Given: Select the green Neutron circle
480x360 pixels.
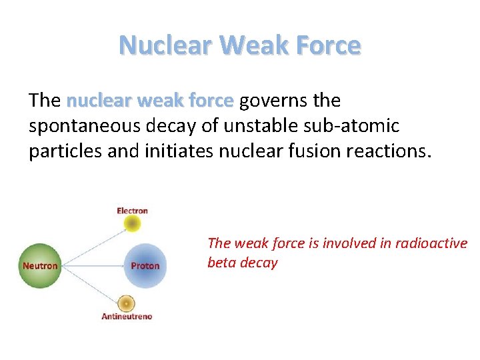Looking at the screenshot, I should tap(40, 265).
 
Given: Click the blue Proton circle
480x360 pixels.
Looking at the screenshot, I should tap(144, 265).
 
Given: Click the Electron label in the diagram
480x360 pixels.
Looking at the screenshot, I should tap(132, 211).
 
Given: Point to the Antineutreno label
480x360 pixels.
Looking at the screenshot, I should tap(127, 316).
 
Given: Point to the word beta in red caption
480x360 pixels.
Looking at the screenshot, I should tap(221, 263).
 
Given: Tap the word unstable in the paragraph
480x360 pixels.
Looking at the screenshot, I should tap(253, 126).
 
